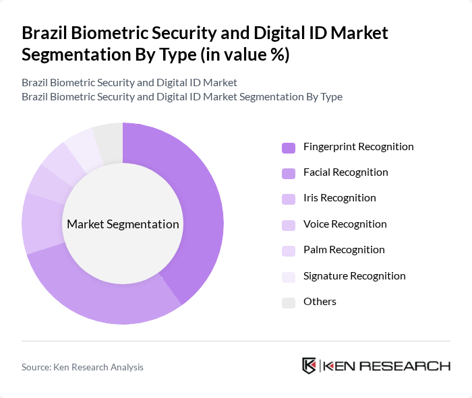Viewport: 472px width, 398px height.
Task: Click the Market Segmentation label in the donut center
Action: click(123, 224)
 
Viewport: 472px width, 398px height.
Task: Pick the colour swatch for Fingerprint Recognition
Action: click(289, 147)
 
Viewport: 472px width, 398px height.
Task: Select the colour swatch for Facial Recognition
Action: click(289, 173)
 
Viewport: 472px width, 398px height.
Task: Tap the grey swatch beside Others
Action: click(289, 302)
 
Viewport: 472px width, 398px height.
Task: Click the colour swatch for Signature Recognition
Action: click(289, 277)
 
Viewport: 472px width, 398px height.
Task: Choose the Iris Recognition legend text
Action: click(339, 198)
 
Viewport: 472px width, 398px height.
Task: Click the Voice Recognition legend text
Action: click(345, 224)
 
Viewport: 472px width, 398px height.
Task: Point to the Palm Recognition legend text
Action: click(344, 249)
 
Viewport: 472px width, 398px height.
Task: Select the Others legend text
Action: click(320, 301)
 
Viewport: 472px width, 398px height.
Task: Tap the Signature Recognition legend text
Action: click(354, 275)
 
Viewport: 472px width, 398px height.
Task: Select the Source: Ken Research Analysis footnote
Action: click(82, 367)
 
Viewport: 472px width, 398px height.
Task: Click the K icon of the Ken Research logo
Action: click(309, 366)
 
